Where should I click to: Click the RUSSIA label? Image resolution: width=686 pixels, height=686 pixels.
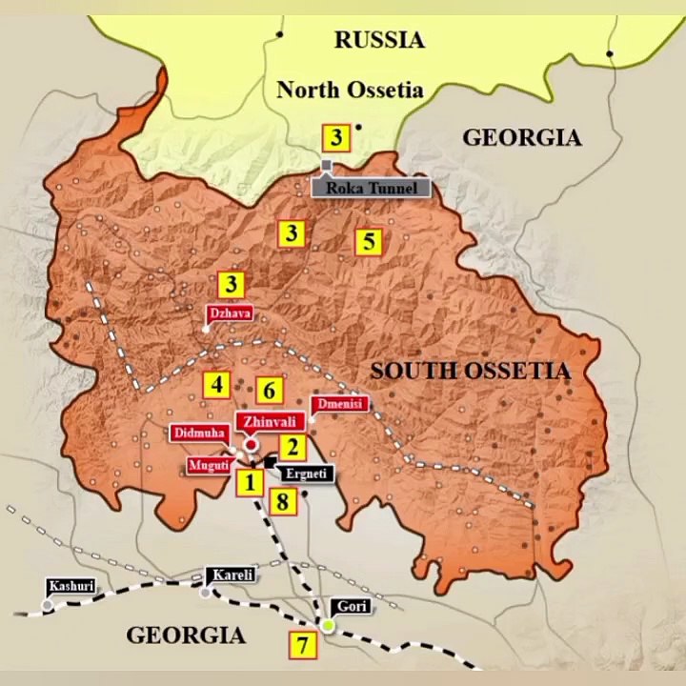(378, 40)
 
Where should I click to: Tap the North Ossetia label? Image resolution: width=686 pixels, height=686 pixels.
(350, 91)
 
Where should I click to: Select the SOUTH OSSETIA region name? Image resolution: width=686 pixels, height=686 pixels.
(471, 371)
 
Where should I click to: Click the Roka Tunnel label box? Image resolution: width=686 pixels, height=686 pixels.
(372, 188)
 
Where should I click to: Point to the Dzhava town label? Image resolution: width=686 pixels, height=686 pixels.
(230, 312)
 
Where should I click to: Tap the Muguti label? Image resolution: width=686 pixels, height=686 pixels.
(209, 466)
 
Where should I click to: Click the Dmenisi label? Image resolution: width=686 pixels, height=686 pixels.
(338, 404)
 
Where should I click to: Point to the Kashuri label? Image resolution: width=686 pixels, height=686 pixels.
(71, 586)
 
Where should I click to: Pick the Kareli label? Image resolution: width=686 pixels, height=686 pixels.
(232, 575)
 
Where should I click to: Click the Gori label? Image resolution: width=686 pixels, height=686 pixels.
(349, 606)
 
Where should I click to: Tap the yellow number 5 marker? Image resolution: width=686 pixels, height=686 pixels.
(369, 241)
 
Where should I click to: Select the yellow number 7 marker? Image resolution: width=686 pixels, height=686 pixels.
(302, 645)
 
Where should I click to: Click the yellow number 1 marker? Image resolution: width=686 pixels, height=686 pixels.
(250, 482)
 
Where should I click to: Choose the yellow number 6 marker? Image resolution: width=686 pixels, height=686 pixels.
(270, 390)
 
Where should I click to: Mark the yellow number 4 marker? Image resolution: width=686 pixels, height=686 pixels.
(217, 385)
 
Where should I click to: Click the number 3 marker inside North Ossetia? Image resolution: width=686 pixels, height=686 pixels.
(335, 138)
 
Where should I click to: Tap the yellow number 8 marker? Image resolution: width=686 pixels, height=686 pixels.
(282, 501)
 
